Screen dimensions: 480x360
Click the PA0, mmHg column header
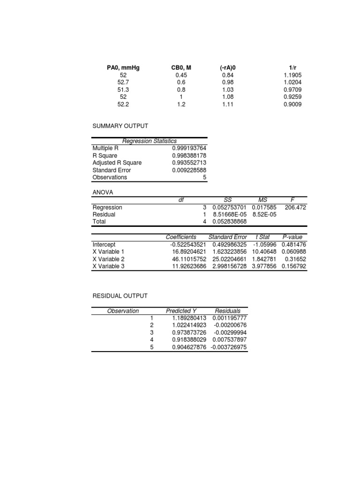click(123, 68)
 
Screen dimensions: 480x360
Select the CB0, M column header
click(181, 68)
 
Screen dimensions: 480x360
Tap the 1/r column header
click(292, 68)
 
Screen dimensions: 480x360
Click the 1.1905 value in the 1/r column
click(292, 75)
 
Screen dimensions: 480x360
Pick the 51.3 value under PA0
click(123, 90)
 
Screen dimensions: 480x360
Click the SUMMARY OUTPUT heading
click(120, 126)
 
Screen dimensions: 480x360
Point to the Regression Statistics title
click(149, 141)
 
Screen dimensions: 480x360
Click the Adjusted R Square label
click(117, 163)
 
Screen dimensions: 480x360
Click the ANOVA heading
click(103, 192)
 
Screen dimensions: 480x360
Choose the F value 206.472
click(295, 207)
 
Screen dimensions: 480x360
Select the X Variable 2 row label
click(108, 259)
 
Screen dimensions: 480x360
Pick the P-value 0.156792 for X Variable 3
click(294, 266)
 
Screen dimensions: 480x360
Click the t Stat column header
click(264, 237)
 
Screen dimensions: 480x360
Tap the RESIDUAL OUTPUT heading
click(120, 296)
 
